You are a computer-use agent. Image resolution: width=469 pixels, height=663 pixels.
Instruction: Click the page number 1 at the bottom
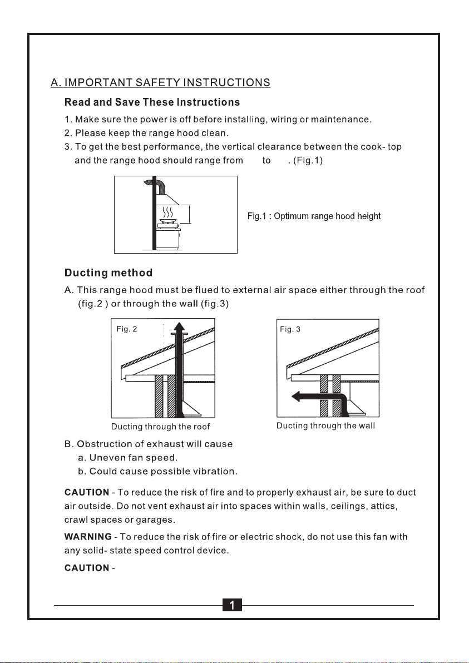[232, 605]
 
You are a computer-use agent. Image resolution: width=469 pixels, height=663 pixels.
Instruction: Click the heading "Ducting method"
[108, 273]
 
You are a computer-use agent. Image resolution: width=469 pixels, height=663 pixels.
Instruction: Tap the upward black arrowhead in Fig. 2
[179, 328]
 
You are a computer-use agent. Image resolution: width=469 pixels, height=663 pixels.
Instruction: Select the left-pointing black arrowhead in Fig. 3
[296, 397]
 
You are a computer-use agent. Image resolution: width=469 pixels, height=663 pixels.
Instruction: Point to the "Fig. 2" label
[127, 329]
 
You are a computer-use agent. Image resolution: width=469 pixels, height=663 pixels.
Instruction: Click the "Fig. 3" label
[290, 329]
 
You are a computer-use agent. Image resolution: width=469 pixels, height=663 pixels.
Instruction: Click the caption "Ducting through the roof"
[160, 427]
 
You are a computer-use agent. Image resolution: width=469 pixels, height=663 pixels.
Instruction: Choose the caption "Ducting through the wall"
[325, 425]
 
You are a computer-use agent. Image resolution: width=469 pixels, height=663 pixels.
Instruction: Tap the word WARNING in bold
[88, 537]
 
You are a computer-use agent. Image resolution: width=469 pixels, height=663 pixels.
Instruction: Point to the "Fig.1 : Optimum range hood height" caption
[314, 216]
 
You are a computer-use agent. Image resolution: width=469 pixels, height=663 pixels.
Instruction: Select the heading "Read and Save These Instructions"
[152, 102]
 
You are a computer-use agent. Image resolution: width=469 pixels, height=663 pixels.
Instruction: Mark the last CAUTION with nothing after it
[87, 568]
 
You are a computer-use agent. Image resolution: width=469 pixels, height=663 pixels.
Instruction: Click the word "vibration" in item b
[214, 471]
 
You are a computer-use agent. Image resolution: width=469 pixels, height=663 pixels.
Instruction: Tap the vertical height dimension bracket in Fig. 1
[189, 214]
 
